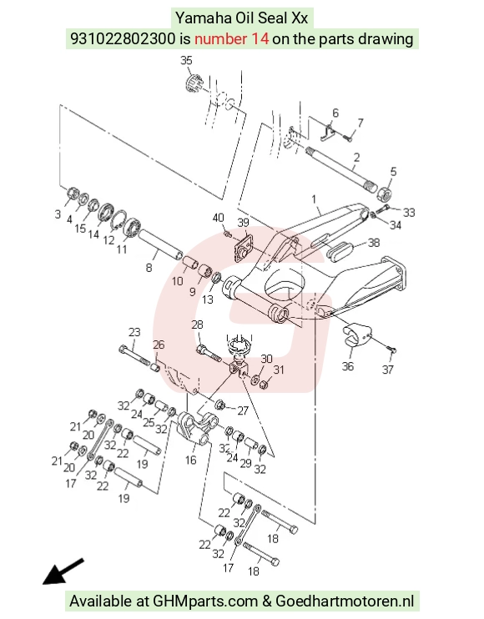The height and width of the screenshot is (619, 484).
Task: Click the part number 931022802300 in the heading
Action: pyautogui.click(x=123, y=38)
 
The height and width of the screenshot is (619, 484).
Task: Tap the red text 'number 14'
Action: pyautogui.click(x=232, y=38)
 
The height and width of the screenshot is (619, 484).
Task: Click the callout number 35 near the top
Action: pyautogui.click(x=186, y=60)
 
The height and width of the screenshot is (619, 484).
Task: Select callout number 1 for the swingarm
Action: pyautogui.click(x=314, y=199)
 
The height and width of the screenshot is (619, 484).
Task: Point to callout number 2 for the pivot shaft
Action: pyautogui.click(x=356, y=158)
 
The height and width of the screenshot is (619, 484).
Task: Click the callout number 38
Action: pyautogui.click(x=374, y=243)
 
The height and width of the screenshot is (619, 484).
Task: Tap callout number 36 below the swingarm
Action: pyautogui.click(x=348, y=366)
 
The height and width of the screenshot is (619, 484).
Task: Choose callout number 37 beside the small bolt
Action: pyautogui.click(x=388, y=370)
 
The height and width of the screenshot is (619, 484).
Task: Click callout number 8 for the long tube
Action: pyautogui.click(x=149, y=268)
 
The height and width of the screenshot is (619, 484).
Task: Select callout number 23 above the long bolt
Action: pyautogui.click(x=134, y=332)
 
